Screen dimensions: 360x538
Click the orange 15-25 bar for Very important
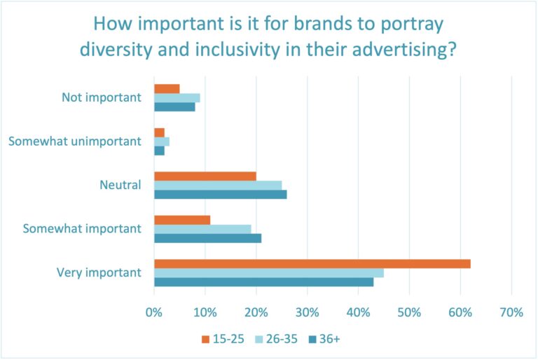click(x=312, y=264)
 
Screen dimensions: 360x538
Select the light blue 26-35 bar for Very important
click(x=268, y=273)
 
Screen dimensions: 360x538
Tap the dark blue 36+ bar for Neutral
click(x=220, y=195)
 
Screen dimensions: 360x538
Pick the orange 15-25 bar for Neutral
click(x=205, y=176)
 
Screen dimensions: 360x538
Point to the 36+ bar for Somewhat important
click(x=207, y=238)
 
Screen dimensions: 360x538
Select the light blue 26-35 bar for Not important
click(x=177, y=98)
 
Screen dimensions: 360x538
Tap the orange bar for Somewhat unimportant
click(x=159, y=132)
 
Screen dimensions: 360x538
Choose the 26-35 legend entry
click(x=275, y=339)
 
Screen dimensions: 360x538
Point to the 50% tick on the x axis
click(x=410, y=312)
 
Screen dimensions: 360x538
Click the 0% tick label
click(x=154, y=312)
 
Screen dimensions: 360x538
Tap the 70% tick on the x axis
click(x=512, y=312)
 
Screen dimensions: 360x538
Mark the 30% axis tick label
click(x=308, y=312)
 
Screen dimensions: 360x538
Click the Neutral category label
click(x=121, y=186)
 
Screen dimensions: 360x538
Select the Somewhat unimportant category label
click(x=75, y=141)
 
